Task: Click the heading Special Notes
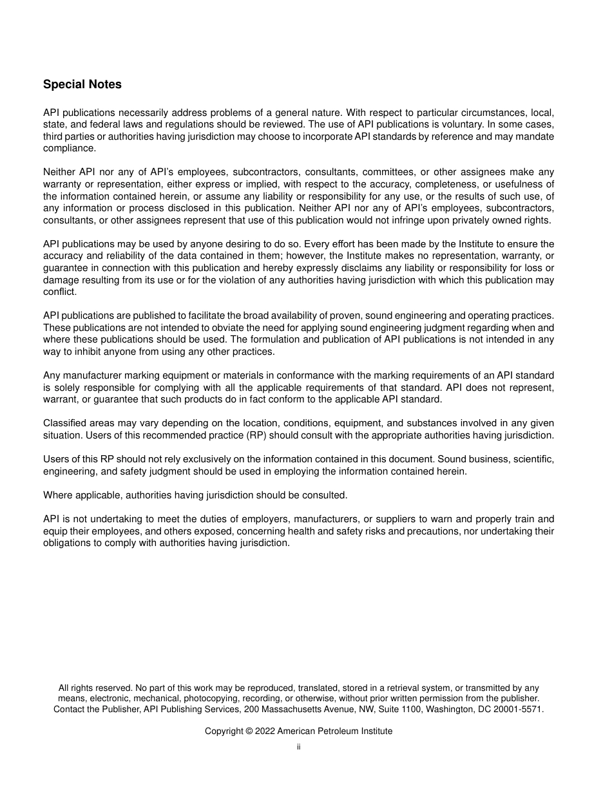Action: [82, 84]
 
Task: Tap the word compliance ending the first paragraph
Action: [69, 148]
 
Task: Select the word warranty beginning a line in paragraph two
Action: [62, 184]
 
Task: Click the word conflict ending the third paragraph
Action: [59, 292]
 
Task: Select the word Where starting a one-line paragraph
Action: [57, 495]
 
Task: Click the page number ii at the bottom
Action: [299, 748]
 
